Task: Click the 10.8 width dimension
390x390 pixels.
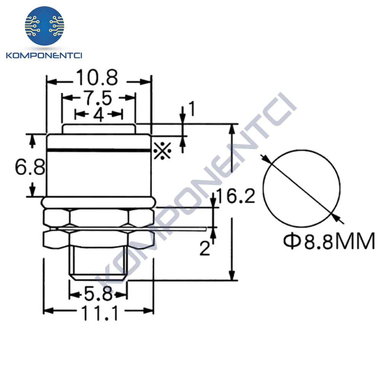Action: pos(97,78)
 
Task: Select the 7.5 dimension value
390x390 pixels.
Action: pos(99,98)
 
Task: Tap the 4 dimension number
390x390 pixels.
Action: pos(99,115)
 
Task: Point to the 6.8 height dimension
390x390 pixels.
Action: pos(30,167)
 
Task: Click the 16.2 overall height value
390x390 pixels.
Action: pos(236,196)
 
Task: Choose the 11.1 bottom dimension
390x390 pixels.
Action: pos(99,313)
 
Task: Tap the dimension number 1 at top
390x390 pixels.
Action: pos(192,109)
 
